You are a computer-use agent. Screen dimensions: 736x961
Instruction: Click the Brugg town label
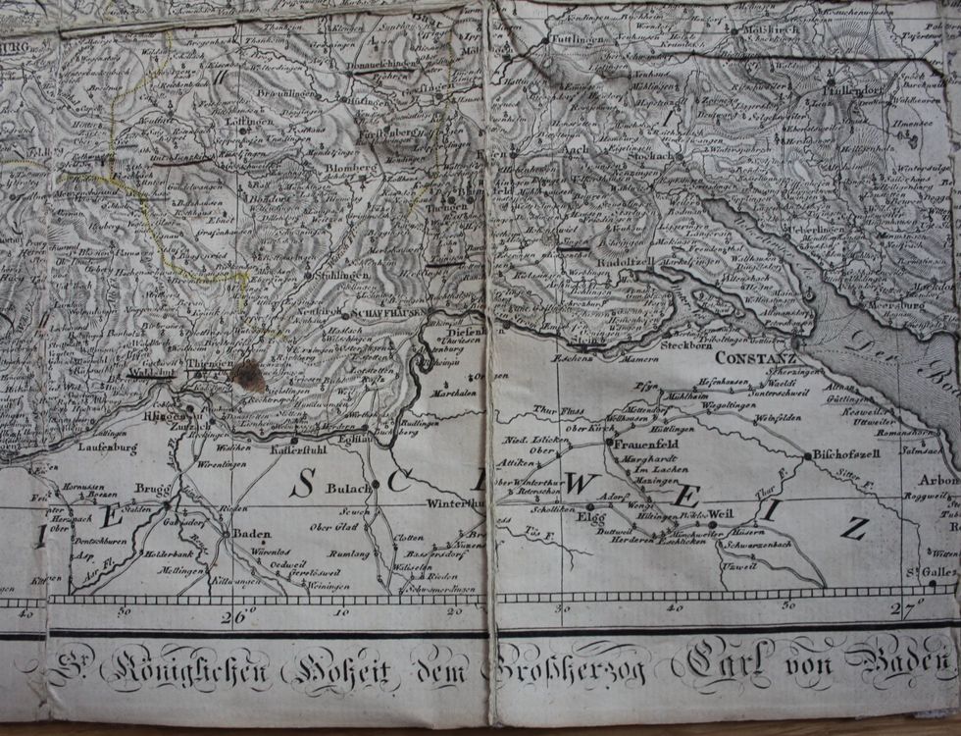click(153, 488)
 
